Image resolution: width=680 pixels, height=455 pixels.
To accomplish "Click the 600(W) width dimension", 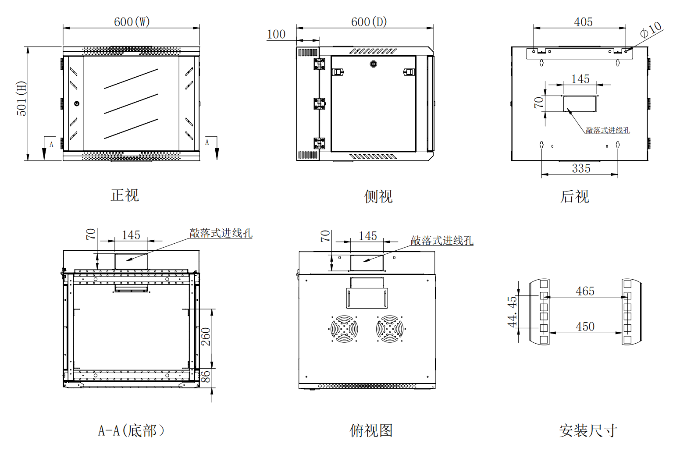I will tap(132, 22).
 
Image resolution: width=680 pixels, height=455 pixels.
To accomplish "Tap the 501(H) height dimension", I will tap(21, 99).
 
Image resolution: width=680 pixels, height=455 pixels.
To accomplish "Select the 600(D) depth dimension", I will tap(369, 22).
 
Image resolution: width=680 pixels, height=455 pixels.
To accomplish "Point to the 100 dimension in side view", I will tap(276, 34).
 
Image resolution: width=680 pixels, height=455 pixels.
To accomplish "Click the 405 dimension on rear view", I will tap(583, 22).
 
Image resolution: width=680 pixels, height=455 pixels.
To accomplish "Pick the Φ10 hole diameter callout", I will tap(651, 30).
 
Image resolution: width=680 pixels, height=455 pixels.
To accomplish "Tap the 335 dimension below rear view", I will tap(581, 168).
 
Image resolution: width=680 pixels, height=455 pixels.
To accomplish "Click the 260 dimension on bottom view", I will tap(206, 337).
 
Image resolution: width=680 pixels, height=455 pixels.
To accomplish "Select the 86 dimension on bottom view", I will tap(206, 376).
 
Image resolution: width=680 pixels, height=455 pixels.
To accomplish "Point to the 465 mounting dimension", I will tap(585, 291).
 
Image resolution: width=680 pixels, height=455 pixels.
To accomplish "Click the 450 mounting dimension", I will tap(585, 327).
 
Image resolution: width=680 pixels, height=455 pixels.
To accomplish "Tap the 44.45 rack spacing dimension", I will tap(512, 312).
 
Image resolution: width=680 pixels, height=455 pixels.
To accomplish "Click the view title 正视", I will tap(125, 195).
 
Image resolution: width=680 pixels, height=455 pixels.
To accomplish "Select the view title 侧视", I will tap(378, 196).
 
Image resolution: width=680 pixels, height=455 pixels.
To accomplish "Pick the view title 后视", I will tap(574, 196).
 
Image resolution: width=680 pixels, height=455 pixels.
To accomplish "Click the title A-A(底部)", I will tap(131, 430).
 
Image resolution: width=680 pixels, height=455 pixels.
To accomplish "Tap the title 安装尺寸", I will tap(588, 430).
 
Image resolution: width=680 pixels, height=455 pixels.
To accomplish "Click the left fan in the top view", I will tap(344, 328).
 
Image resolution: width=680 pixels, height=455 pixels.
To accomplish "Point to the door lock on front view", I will tap(77, 104).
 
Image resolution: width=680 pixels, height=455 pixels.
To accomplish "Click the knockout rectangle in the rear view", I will tap(580, 103).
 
